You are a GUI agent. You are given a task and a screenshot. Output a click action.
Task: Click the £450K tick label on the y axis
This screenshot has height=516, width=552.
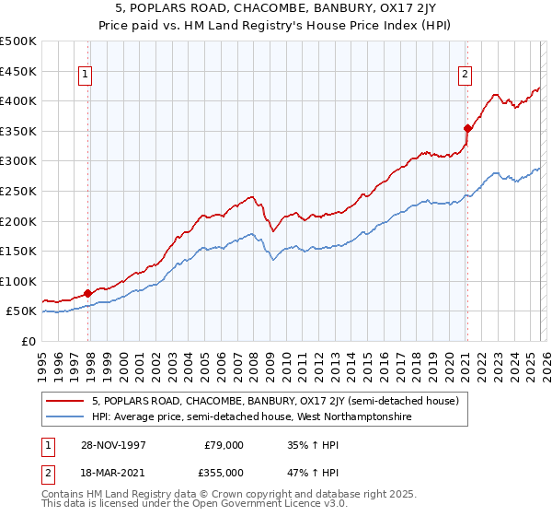[18, 71]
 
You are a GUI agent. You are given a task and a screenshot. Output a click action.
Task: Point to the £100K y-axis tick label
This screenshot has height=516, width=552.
[18, 281]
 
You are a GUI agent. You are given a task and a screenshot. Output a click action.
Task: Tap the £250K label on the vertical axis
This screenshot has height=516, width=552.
[18, 191]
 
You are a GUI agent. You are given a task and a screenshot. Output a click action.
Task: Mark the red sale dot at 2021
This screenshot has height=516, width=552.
[467, 128]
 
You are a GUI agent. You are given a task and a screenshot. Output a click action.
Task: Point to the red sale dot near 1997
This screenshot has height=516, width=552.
[88, 294]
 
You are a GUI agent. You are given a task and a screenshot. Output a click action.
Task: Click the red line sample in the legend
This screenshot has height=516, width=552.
[65, 401]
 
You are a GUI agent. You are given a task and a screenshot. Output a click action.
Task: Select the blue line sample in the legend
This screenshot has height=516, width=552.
[65, 417]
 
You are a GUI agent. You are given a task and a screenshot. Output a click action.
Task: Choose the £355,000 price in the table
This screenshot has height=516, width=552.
[224, 472]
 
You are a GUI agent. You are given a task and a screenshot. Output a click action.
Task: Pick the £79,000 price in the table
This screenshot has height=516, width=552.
[224, 446]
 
